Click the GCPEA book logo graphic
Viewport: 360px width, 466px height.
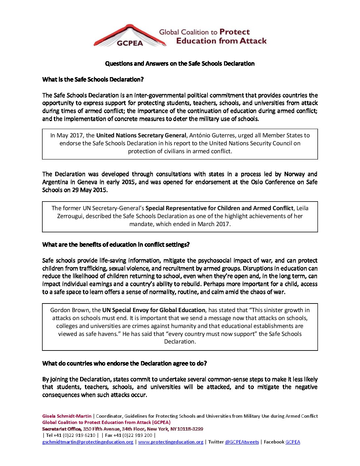130,36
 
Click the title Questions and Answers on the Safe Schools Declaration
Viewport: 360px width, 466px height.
180,64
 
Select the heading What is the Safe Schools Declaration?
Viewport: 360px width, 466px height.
93,79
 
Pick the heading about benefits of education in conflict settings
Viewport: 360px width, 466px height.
116,245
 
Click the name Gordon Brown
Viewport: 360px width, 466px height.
70,310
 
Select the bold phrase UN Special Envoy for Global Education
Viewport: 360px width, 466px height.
154,310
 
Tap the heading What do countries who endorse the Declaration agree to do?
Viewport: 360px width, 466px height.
124,363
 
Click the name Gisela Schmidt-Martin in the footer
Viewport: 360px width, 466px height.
67,416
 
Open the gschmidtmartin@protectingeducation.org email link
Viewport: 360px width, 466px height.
88,442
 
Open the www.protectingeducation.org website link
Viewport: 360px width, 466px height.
171,442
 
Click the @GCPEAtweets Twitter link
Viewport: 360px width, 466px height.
242,442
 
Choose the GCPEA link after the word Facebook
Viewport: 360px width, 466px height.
292,442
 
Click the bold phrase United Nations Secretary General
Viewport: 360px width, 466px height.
141,135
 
